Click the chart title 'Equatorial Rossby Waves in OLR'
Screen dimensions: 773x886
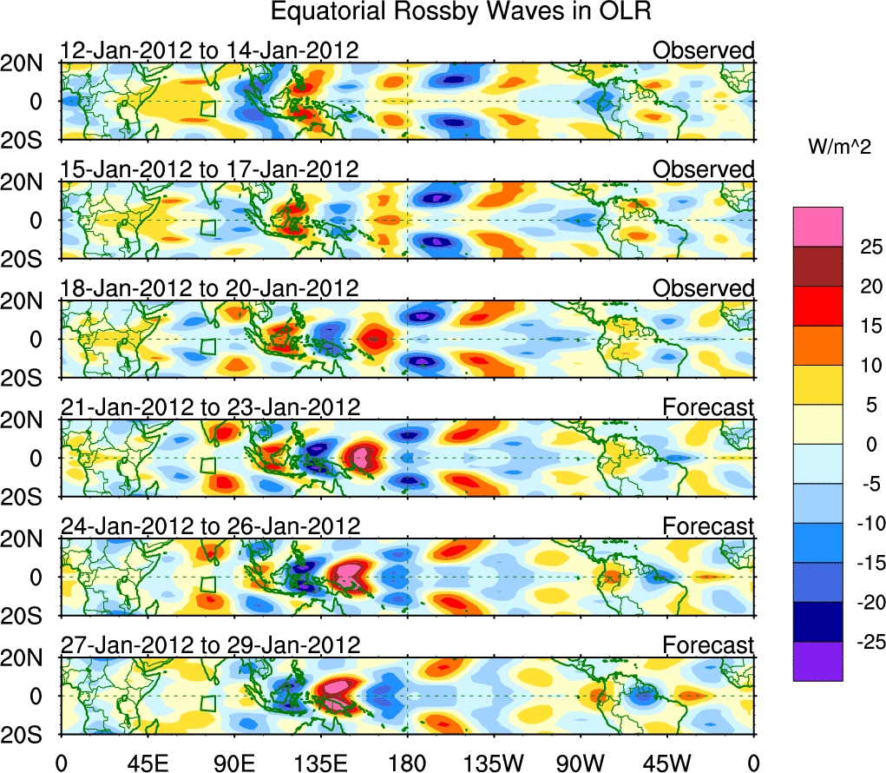460,12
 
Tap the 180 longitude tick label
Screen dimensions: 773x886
407,762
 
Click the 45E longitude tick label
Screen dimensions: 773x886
147,762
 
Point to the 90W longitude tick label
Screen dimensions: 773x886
581,762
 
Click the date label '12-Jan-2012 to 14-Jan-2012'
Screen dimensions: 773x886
209,50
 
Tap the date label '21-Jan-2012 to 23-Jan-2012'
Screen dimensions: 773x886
209,407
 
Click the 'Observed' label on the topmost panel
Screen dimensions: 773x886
703,50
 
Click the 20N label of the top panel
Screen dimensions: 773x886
28,63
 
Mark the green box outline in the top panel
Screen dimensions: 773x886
207,109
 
